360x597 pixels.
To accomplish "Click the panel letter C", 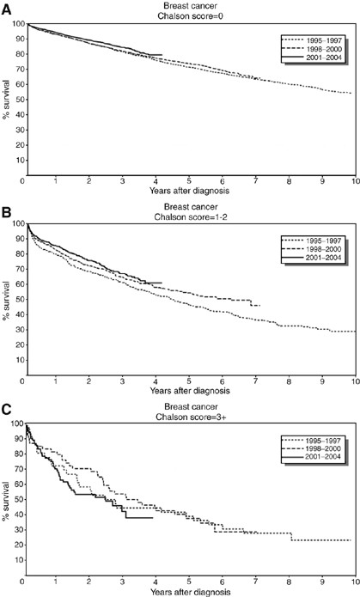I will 6,402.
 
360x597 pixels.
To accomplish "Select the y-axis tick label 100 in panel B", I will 15,224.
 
